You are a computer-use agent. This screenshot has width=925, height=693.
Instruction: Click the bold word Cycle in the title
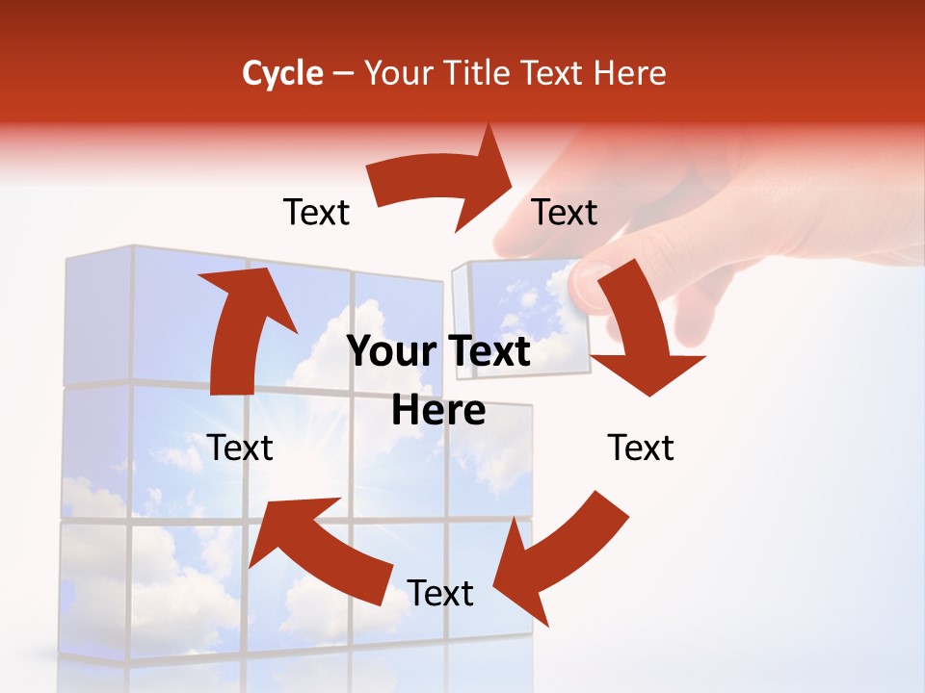pos(282,73)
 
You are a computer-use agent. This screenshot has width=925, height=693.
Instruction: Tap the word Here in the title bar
pos(631,73)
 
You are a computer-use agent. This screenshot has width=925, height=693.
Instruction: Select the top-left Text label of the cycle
pos(316,212)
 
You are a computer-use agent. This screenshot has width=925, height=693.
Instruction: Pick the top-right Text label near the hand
pos(565,212)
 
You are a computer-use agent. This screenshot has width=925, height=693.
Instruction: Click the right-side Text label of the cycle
pos(641,448)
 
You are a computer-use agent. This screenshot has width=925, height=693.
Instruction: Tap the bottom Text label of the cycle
pos(440,593)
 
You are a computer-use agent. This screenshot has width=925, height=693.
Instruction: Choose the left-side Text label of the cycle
pos(240,448)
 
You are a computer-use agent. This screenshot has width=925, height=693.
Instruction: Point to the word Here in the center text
pos(438,411)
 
